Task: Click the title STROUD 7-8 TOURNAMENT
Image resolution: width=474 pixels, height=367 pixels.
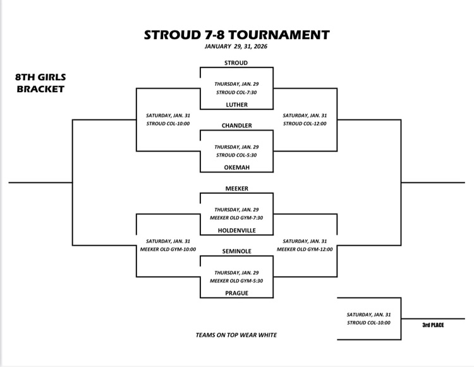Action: (236, 34)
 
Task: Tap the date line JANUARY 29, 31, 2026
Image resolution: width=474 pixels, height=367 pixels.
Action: (236, 46)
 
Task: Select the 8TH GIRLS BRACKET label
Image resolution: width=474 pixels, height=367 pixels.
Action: (41, 83)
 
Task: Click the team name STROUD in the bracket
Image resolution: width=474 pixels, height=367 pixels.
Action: (236, 63)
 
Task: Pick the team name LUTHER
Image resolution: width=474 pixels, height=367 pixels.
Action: (236, 105)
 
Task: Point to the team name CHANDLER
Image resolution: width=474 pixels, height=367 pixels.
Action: (236, 126)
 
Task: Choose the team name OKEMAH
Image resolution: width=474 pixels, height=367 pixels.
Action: (236, 167)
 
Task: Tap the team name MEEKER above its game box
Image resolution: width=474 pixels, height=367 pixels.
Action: (236, 189)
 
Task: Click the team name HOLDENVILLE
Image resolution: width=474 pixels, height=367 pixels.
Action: (236, 231)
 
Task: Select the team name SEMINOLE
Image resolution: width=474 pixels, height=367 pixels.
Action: (236, 251)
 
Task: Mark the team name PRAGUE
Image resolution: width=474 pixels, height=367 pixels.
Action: (236, 293)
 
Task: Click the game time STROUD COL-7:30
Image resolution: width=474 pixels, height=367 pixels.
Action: (236, 92)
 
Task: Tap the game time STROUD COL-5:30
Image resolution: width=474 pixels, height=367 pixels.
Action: (236, 155)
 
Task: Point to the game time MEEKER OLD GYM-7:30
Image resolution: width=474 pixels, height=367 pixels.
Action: (236, 218)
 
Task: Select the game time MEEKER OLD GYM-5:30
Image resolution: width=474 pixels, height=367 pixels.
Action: (236, 280)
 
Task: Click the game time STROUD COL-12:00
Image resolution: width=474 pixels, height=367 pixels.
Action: (305, 123)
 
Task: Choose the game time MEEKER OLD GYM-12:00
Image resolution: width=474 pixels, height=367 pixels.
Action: (305, 249)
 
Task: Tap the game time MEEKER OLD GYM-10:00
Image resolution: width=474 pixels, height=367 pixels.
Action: (168, 249)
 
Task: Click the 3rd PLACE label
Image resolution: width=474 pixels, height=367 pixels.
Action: (434, 325)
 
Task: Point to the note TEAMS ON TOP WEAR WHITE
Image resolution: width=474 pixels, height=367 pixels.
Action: (236, 335)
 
